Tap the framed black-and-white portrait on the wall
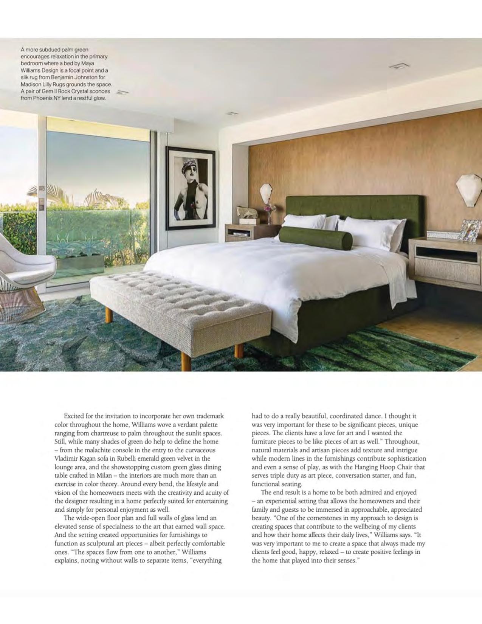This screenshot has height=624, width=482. click(x=191, y=188)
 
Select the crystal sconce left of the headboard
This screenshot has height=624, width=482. click(x=267, y=194)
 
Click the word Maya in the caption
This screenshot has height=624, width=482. click(x=88, y=63)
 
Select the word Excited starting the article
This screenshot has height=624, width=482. click(x=74, y=416)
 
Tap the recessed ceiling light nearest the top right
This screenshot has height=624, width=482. click(x=399, y=66)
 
